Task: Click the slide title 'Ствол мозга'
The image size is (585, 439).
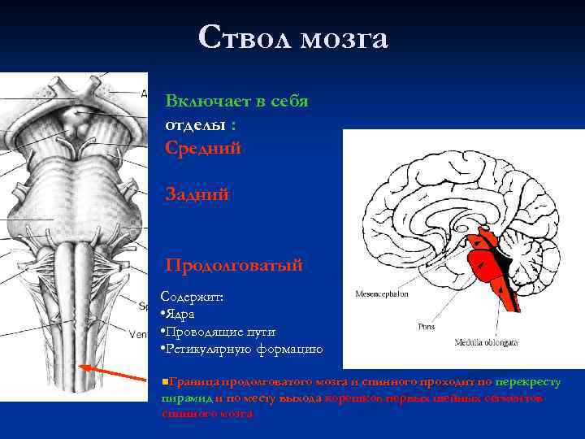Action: click(292, 37)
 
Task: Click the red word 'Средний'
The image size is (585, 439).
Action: click(203, 149)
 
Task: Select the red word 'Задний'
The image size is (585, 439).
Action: click(198, 194)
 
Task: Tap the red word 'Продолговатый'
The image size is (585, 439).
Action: click(234, 265)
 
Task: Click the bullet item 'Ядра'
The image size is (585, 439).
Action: click(179, 315)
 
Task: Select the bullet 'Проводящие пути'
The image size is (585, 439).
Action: click(219, 332)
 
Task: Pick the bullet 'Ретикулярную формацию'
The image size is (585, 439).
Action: click(243, 349)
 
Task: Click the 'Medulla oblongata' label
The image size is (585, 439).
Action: click(486, 342)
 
